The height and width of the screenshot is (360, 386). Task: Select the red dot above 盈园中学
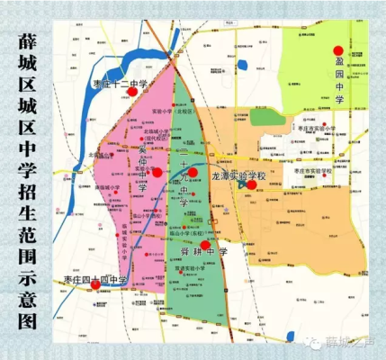338,51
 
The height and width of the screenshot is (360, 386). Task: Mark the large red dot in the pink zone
157,172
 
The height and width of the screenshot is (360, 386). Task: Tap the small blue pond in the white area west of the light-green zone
244,66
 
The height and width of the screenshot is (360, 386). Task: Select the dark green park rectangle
267,117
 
